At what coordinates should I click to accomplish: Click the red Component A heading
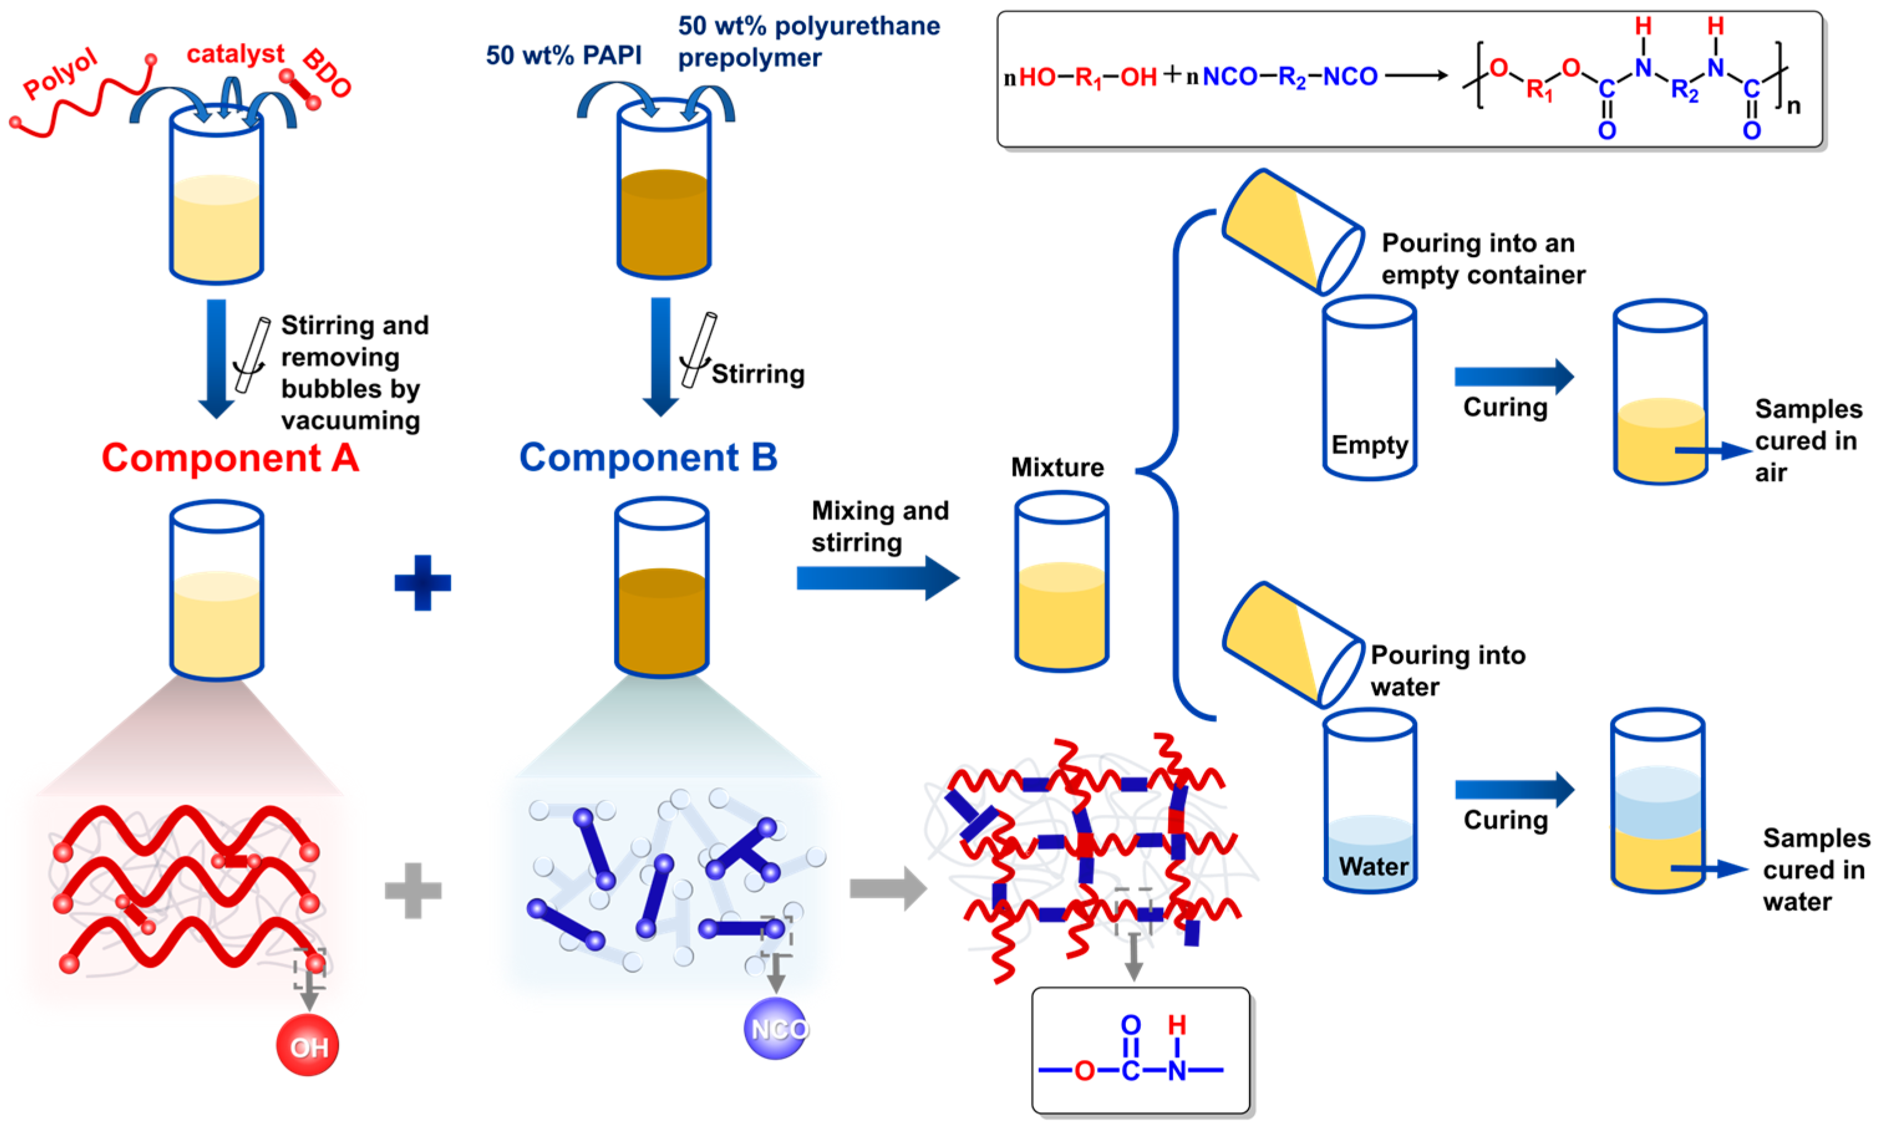[x=230, y=458]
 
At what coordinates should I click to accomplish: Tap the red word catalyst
[x=235, y=54]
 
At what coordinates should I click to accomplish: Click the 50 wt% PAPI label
[x=563, y=55]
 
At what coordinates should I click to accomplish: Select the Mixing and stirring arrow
[x=877, y=579]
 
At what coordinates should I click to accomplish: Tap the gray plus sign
[x=413, y=890]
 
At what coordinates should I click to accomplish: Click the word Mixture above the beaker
[x=1057, y=467]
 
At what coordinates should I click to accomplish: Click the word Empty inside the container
[x=1369, y=444]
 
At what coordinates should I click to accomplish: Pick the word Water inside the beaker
[x=1373, y=866]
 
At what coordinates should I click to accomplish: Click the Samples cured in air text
[x=1807, y=441]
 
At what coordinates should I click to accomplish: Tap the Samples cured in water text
[x=1815, y=869]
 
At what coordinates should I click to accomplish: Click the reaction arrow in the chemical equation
[x=1417, y=75]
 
